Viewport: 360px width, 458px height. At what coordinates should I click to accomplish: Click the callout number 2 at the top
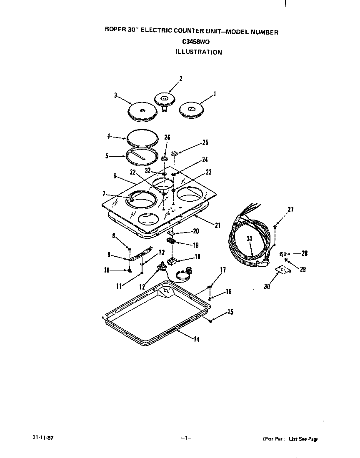180,78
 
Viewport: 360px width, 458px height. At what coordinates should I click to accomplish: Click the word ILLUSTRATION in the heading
198,53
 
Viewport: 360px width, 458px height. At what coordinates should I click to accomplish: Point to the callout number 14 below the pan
196,340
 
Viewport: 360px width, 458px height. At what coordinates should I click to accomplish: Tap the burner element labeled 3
142,111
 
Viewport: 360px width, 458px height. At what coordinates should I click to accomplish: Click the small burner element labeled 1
191,110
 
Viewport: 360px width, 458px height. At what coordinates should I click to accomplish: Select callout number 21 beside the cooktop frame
217,225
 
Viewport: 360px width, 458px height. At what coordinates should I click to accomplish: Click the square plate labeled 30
283,271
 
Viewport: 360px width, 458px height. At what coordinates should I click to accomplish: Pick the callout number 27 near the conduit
290,209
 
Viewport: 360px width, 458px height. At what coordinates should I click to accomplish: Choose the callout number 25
205,143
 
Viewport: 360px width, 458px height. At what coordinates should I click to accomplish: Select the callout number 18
197,257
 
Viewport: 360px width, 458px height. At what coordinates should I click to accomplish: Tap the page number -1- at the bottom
185,438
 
